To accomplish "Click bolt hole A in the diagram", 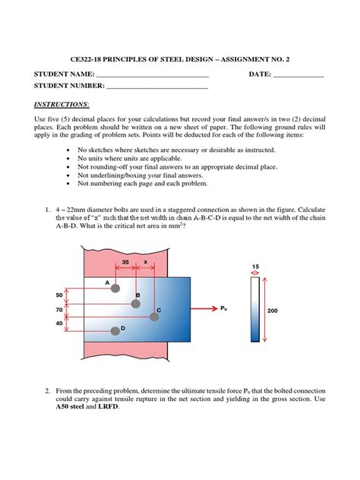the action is coord(115,288).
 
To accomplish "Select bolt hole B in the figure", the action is coord(136,304).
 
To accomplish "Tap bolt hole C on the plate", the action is coord(154,317).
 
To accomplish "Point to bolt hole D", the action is coord(115,331).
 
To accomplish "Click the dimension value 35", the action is coord(125,262).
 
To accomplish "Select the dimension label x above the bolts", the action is coord(145,262).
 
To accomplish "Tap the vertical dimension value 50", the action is coord(59,295).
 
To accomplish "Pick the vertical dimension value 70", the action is coord(59,310).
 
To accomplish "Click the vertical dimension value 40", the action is coord(59,324).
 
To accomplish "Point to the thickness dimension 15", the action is coord(255,267).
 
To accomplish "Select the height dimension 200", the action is coord(273,311).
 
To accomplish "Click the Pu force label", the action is coord(224,308).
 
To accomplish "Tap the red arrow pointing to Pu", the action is coord(204,308).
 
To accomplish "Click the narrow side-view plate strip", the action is coord(255,309).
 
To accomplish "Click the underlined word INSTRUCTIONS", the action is coord(62,104).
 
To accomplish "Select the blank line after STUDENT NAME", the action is coord(153,77).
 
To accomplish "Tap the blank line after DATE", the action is coord(298,77).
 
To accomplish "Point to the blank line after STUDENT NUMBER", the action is coord(157,88).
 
